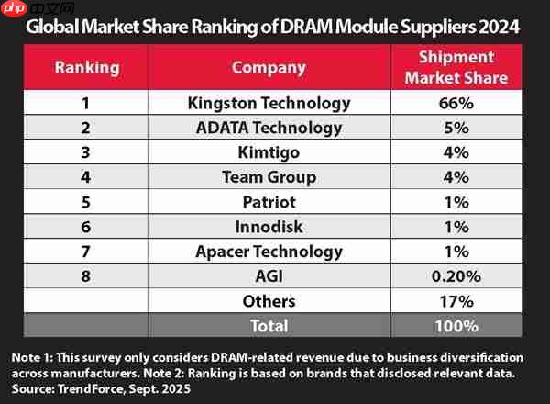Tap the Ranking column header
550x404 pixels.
pos(87,67)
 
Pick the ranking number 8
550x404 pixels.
pos(87,276)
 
